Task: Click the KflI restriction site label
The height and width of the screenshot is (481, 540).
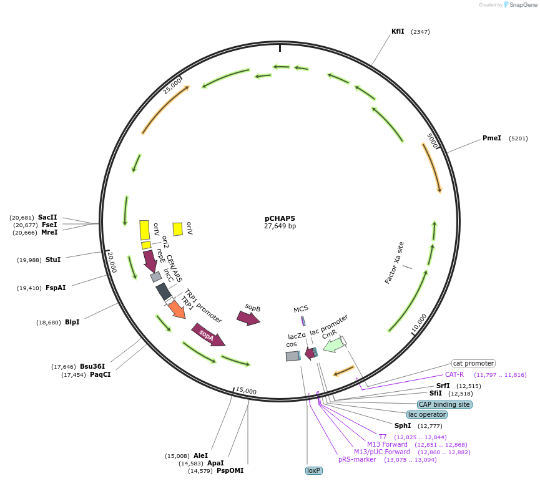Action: (398, 31)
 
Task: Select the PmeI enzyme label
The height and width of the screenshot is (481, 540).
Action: (491, 138)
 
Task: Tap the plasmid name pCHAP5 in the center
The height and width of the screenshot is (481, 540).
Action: (280, 218)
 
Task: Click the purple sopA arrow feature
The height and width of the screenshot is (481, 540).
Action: (209, 334)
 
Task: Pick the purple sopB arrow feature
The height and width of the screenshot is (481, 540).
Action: (248, 318)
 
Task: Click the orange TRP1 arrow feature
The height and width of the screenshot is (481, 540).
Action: (177, 309)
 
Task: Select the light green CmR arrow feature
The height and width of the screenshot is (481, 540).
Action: (333, 344)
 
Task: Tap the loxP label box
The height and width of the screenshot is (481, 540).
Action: (313, 470)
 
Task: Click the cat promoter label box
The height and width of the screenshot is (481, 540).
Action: (473, 363)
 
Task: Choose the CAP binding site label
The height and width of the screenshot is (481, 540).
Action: (444, 404)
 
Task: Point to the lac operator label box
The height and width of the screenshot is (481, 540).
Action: (427, 414)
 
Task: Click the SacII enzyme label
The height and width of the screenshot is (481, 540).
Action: (47, 217)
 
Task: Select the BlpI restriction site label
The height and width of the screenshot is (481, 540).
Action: (72, 323)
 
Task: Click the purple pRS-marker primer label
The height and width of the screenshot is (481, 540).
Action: (357, 459)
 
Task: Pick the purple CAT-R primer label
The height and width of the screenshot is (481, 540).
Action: (454, 374)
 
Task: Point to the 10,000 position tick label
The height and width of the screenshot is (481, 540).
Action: (419, 323)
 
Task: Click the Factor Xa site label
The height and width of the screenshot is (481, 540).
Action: (394, 263)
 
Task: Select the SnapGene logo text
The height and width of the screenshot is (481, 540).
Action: (524, 5)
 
